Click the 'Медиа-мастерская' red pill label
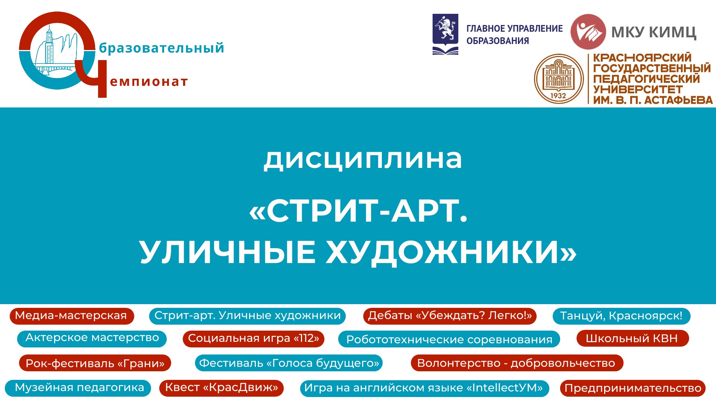pos(72,316)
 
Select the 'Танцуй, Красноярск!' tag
pos(621,316)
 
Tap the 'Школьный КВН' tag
pos(632,338)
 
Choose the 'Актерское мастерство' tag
pos(92,338)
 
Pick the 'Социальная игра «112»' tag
pos(254,338)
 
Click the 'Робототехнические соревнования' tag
pos(449,340)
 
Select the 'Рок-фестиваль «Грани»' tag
pos(95,363)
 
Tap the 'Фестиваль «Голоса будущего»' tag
pos(289,363)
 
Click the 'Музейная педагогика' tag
pos(78,388)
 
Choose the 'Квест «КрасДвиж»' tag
pos(222,388)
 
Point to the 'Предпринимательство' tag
pos(633,388)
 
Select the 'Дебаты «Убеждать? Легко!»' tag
pos(450,316)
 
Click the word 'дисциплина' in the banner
pos(363,159)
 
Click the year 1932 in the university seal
pos(558,96)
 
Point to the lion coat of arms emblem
pos(445,34)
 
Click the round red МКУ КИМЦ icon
pos(588,32)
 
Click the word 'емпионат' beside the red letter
pos(149,82)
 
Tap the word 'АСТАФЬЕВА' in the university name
pos(678,100)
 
